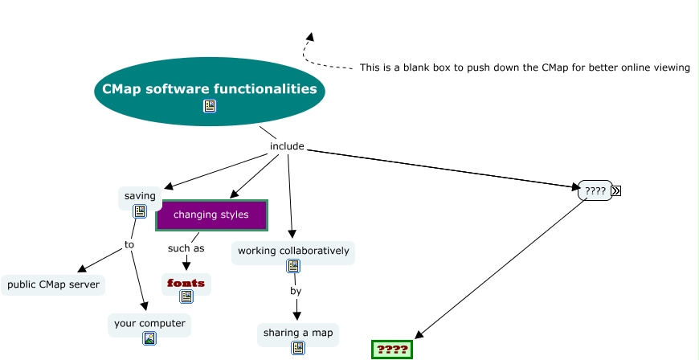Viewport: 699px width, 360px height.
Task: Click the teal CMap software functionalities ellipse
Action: point(209,88)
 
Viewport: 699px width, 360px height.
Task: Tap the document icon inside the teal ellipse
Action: point(210,106)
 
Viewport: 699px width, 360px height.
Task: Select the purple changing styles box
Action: point(211,215)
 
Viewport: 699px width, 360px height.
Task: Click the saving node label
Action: point(140,195)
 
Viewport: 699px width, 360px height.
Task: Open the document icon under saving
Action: point(140,211)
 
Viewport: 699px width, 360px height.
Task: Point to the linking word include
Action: point(287,146)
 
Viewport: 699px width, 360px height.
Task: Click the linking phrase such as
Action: point(186,247)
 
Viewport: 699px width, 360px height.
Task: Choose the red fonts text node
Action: point(186,283)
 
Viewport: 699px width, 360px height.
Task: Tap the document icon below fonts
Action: point(186,297)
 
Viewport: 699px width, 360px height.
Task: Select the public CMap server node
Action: point(53,284)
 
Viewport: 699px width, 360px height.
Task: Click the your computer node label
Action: point(149,323)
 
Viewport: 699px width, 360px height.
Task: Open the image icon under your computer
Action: point(149,338)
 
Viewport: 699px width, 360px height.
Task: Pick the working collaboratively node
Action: point(293,251)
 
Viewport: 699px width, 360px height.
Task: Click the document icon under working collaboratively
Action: point(294,266)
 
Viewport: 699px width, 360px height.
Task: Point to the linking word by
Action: point(296,291)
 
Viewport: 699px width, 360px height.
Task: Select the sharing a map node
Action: point(298,332)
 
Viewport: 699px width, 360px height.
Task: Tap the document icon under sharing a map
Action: point(298,347)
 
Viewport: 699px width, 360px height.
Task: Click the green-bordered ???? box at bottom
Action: point(392,350)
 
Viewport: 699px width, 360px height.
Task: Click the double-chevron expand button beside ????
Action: point(616,190)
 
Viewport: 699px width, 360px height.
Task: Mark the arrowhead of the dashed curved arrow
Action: point(310,37)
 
